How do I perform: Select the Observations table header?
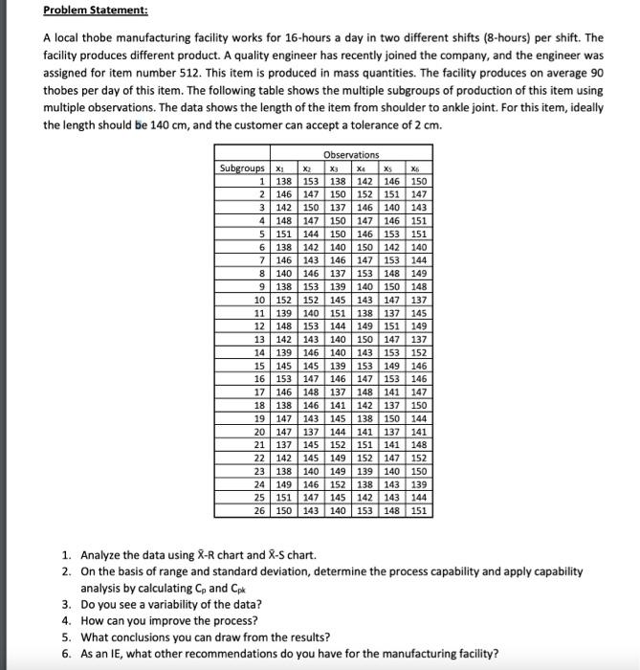(x=351, y=154)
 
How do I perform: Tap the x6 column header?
(x=418, y=167)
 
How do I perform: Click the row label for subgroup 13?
(x=258, y=339)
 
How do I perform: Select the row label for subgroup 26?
(x=258, y=511)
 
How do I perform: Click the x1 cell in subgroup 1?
(x=284, y=180)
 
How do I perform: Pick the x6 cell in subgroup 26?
(x=419, y=511)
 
